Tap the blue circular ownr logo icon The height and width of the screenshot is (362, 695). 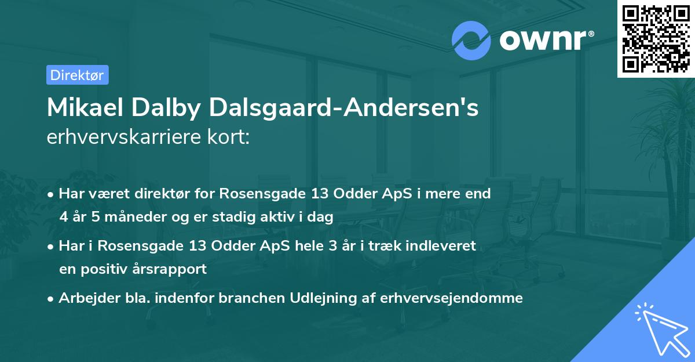471,40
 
